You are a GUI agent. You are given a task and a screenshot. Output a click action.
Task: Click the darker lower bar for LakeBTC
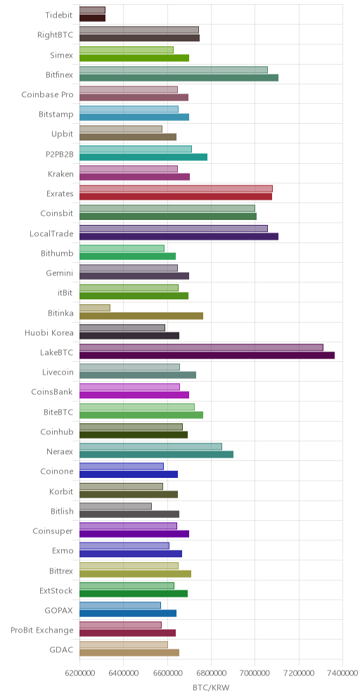207,356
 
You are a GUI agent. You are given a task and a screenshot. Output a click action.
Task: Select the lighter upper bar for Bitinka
95,308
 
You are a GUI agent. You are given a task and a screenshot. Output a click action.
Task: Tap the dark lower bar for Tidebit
92,18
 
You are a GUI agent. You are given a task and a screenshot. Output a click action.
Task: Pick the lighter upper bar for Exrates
176,188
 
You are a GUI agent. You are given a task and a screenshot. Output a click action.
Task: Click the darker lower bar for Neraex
156,455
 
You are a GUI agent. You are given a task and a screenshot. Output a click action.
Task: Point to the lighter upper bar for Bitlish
116,506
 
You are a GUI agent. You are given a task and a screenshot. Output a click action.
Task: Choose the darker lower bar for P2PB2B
143,157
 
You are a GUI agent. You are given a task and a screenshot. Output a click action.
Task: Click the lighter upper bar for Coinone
122,467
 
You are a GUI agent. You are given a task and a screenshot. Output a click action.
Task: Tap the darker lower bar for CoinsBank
134,395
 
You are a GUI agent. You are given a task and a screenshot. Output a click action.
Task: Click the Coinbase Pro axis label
47,95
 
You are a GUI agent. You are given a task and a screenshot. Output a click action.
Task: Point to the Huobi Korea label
49,332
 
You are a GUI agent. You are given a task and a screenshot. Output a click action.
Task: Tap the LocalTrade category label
51,233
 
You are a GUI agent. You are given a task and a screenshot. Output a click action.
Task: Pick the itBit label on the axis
65,293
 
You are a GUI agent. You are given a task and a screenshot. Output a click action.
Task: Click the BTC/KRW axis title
211,688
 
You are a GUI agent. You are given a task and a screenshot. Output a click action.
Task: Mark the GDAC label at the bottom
62,650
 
